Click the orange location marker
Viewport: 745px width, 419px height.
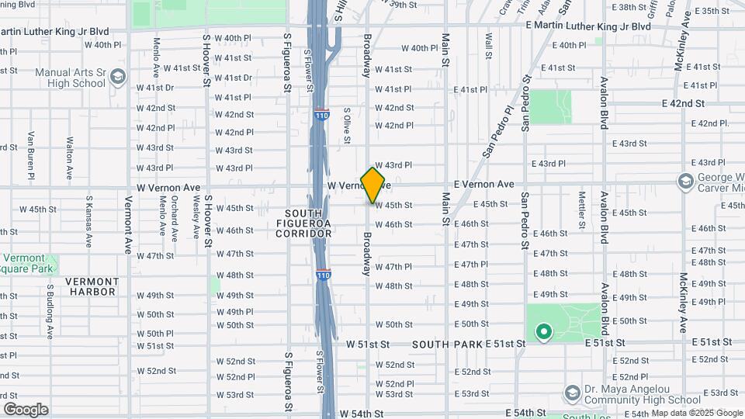(x=372, y=185)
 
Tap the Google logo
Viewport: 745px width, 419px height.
(x=26, y=409)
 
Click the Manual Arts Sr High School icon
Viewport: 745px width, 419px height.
(x=117, y=77)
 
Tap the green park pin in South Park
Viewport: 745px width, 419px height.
(x=544, y=333)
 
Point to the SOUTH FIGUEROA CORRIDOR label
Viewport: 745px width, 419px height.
(x=308, y=223)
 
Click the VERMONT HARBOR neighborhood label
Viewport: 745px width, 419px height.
(x=92, y=286)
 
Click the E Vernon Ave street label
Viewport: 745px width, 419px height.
(x=483, y=184)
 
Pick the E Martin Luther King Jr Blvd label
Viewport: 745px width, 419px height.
(x=587, y=26)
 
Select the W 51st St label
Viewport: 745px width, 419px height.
(x=367, y=344)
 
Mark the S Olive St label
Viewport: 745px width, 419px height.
(x=347, y=126)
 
